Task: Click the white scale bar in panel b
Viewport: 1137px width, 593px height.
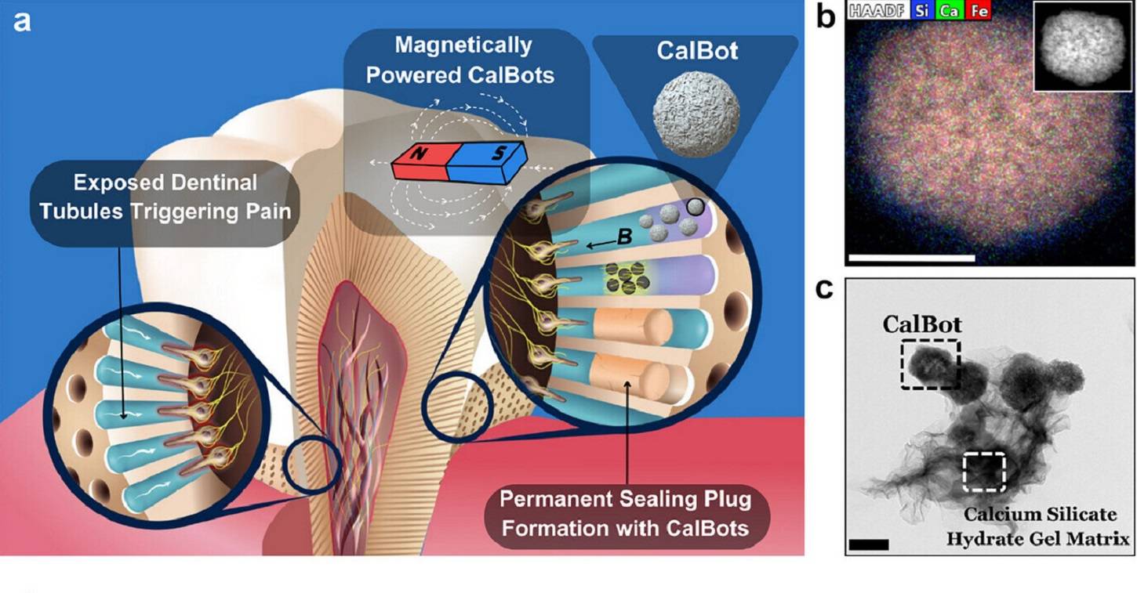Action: point(910,256)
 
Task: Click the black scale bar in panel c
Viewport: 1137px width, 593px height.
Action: point(869,544)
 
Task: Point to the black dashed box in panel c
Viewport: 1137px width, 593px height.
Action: point(931,363)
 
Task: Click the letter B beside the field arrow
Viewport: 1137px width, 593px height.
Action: point(624,235)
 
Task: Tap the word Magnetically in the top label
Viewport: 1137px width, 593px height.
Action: point(463,45)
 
